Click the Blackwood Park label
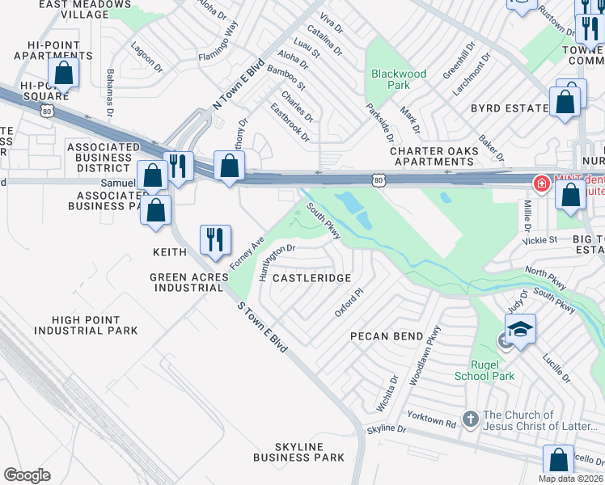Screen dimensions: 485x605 [398, 79]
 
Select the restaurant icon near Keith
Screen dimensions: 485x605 [215, 239]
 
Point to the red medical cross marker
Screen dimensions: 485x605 [540, 183]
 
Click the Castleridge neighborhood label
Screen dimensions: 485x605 [311, 278]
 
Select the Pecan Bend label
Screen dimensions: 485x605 [386, 335]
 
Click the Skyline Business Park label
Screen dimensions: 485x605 [298, 452]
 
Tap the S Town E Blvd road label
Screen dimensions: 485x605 [262, 325]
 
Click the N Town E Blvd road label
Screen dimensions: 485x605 [239, 85]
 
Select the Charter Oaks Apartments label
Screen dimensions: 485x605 [432, 156]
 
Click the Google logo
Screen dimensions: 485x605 [27, 474]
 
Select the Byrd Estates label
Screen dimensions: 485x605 [510, 108]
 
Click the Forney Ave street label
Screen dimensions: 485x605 [247, 253]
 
